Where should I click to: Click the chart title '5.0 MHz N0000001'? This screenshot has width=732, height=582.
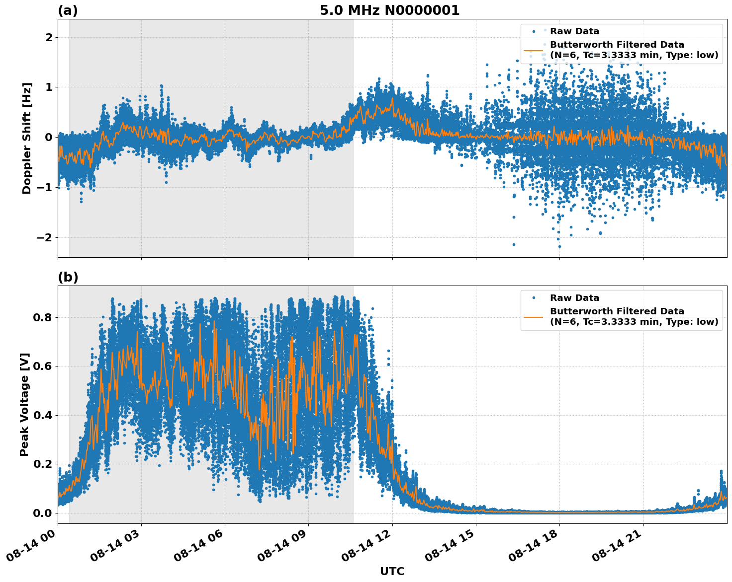(x=389, y=10)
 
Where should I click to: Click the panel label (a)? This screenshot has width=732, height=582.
(x=68, y=10)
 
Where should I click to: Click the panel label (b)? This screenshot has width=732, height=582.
(x=68, y=277)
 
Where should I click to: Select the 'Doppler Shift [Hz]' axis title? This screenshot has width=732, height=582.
(x=27, y=138)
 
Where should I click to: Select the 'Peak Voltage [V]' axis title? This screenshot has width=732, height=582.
(x=24, y=404)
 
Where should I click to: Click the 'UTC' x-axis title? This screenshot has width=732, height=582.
(x=392, y=571)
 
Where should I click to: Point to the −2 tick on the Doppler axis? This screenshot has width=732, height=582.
(x=45, y=237)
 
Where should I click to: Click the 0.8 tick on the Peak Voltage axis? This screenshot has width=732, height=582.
(x=43, y=317)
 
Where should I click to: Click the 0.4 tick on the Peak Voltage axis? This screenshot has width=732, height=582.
(x=43, y=415)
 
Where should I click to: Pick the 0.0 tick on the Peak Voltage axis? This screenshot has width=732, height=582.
(x=43, y=513)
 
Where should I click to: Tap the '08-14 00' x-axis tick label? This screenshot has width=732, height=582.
(x=31, y=549)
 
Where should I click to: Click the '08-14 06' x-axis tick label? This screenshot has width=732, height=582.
(x=198, y=549)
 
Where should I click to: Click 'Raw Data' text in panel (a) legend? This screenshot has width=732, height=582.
(x=574, y=31)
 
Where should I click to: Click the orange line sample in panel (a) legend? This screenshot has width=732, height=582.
(x=533, y=50)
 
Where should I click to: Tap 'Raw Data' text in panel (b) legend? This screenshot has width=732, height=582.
(x=574, y=298)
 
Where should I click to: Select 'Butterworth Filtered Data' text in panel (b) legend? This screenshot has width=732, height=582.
(x=617, y=311)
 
